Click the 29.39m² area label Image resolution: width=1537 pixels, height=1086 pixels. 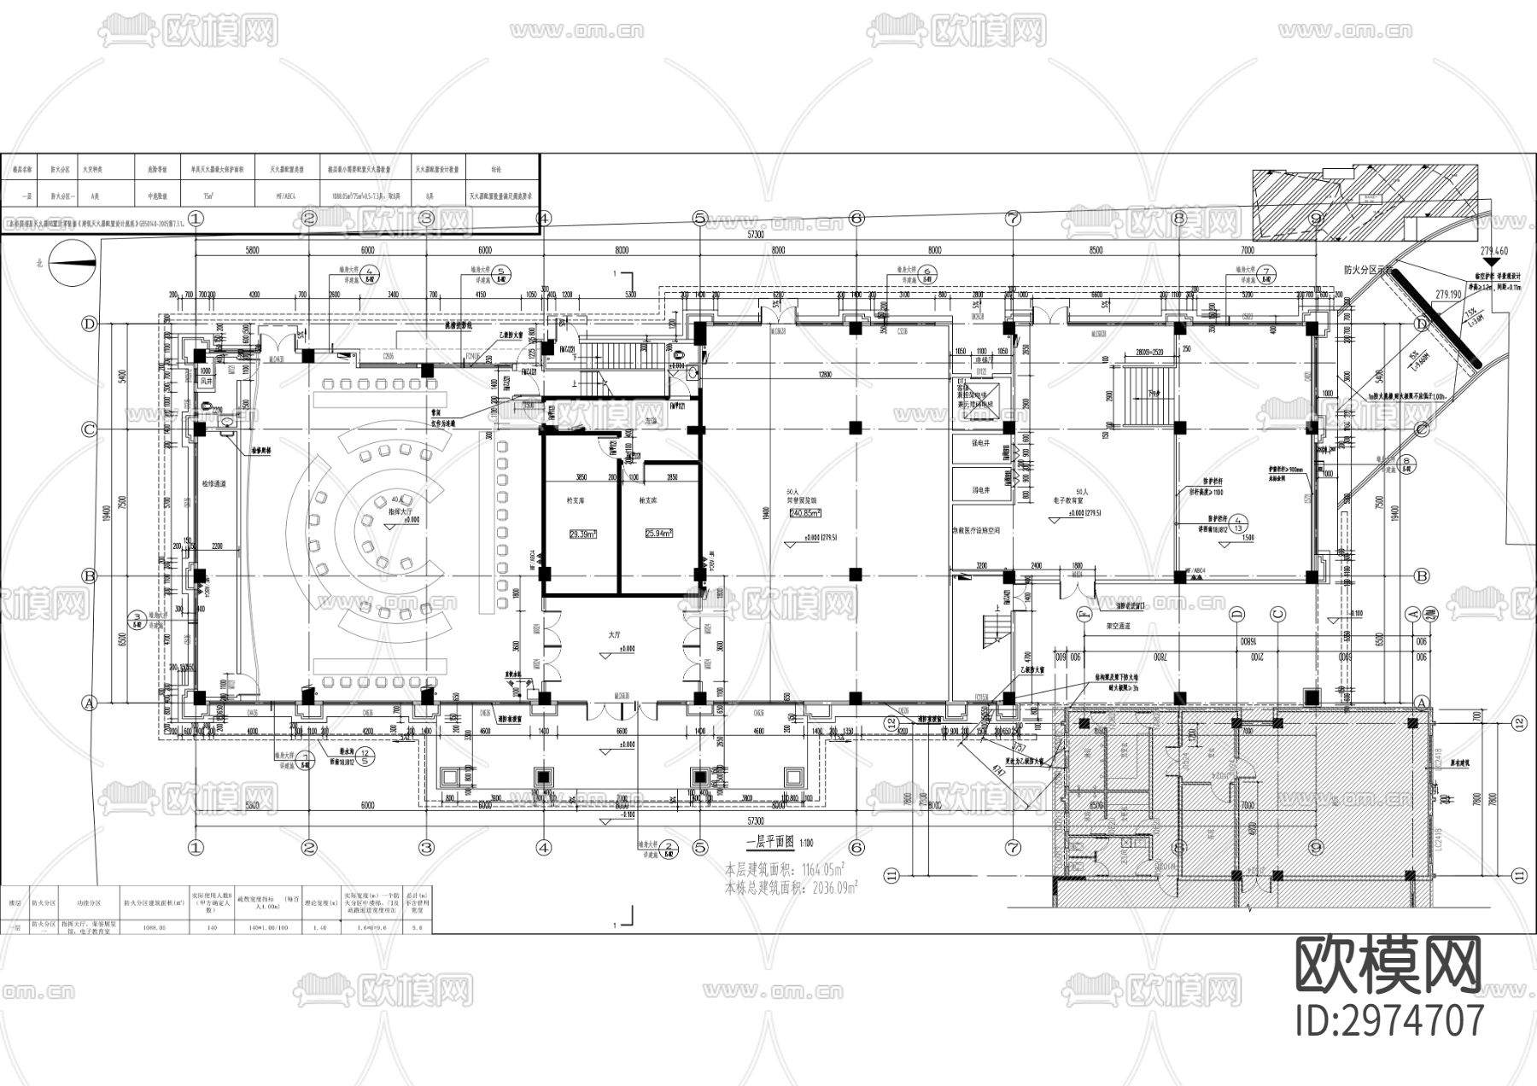pos(582,534)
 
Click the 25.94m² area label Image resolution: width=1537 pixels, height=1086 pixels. pos(659,533)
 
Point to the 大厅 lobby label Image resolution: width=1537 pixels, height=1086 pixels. pos(613,635)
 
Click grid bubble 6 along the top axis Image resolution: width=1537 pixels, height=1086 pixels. pos(856,219)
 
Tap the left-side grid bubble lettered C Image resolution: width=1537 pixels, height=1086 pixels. pos(89,429)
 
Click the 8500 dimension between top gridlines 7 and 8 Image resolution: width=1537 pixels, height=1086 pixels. pos(1096,250)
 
